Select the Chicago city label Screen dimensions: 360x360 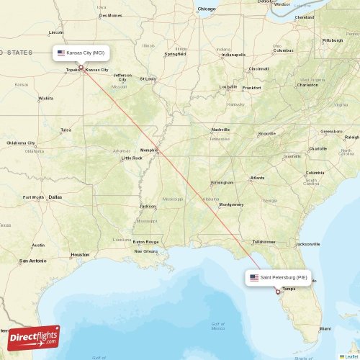tap(207, 9)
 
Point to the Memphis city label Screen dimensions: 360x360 tap(148, 150)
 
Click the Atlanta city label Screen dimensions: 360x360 tap(257, 177)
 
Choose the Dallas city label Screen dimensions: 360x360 tap(55, 197)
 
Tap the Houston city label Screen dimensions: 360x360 tap(80, 254)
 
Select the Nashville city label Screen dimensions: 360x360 tap(220, 130)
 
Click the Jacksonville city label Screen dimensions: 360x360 tap(307, 244)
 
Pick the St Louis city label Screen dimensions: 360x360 tap(148, 79)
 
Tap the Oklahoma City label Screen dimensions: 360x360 tap(21, 143)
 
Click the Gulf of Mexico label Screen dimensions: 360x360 tap(218, 325)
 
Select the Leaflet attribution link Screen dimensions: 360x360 tap(351, 356)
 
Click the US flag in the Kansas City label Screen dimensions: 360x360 tap(61, 53)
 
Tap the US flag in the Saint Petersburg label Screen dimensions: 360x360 tap(254, 277)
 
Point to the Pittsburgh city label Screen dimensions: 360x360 tap(332, 40)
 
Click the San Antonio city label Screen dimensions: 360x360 tap(32, 260)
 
